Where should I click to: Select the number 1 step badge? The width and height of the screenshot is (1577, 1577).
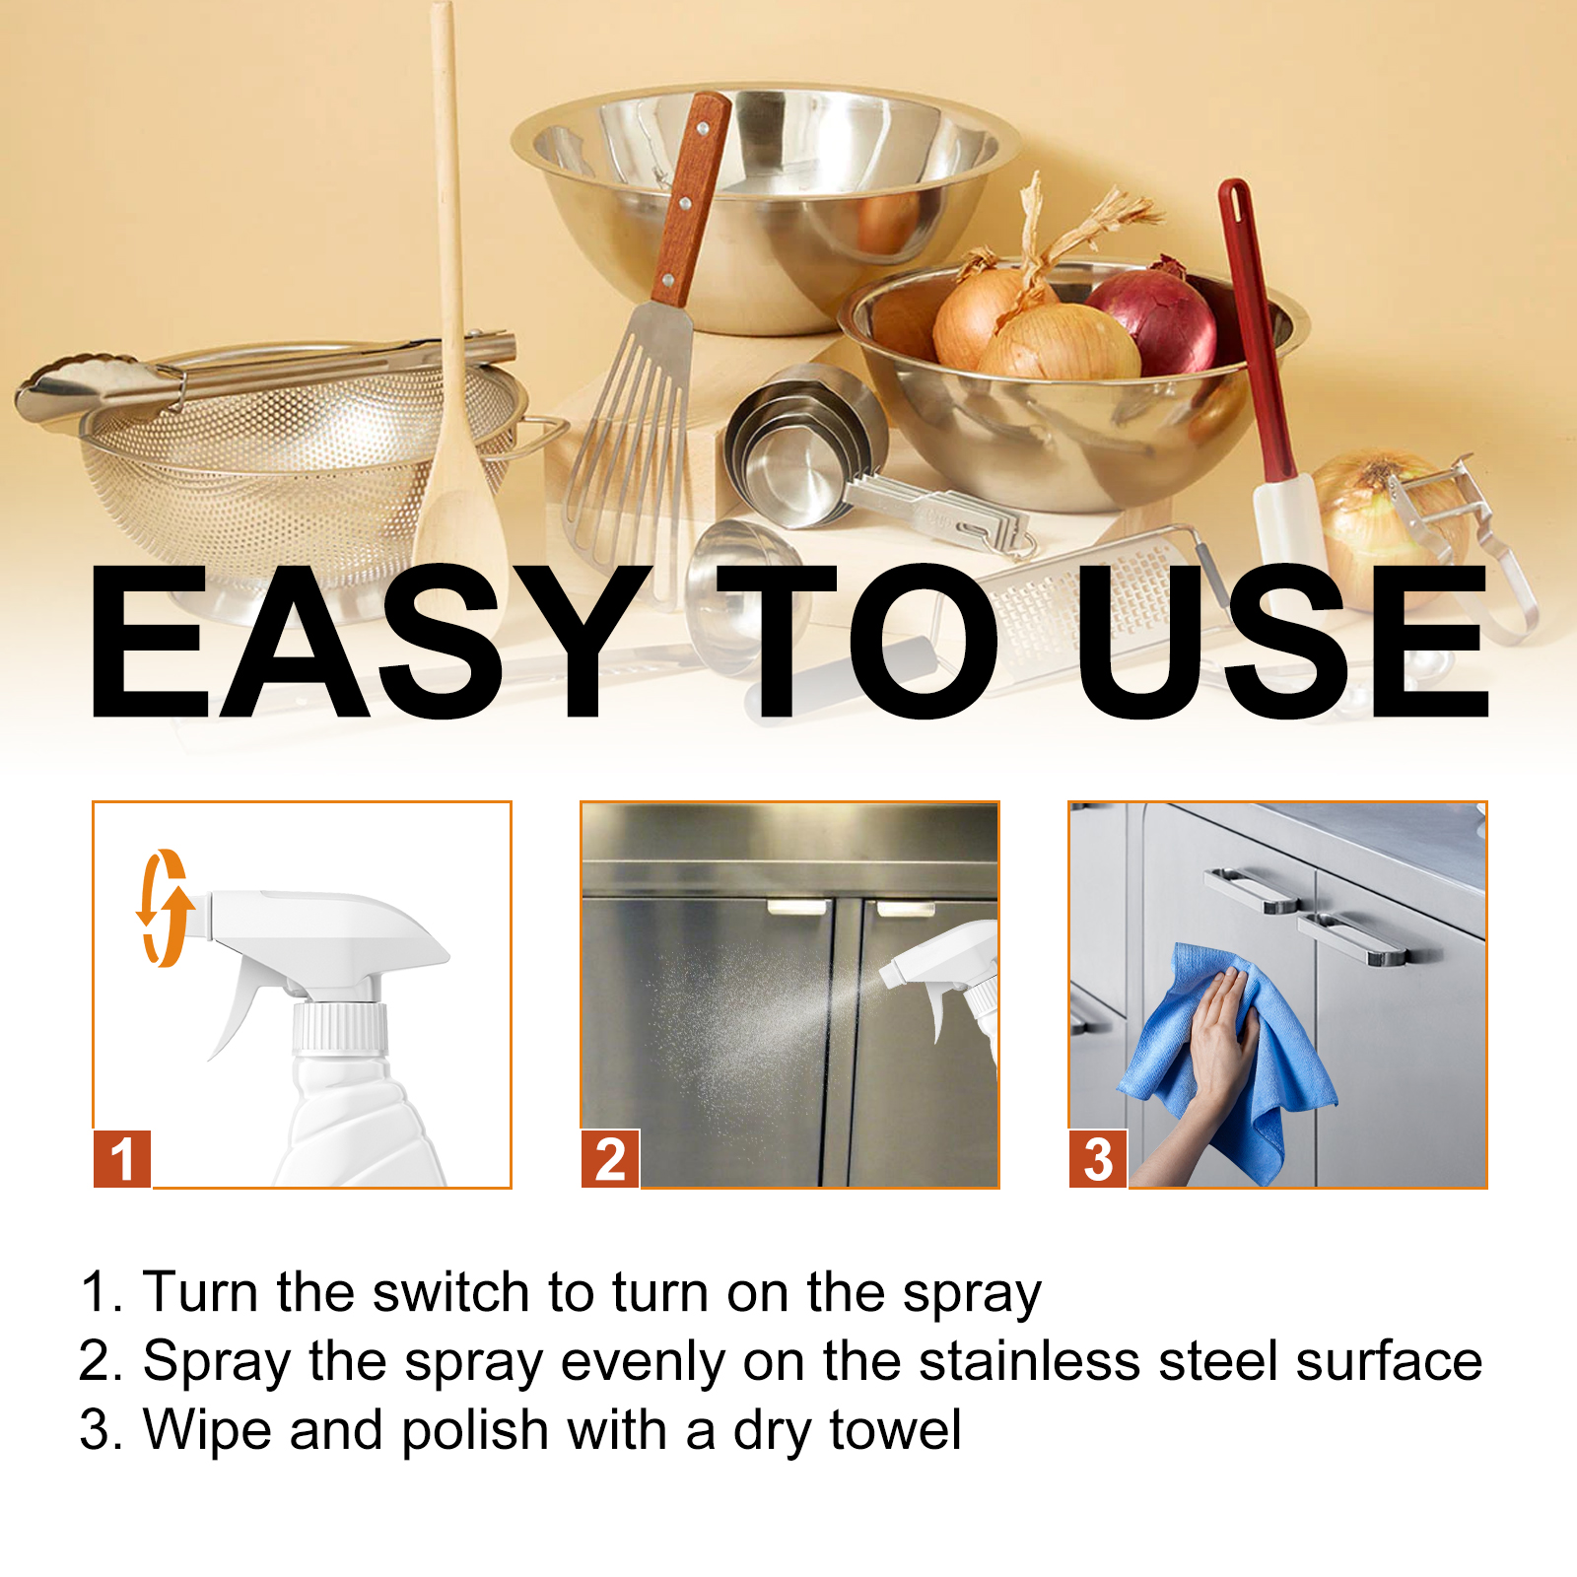click(122, 1159)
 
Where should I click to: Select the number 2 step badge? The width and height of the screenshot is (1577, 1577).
click(610, 1159)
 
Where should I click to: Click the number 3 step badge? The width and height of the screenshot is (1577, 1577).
click(1098, 1159)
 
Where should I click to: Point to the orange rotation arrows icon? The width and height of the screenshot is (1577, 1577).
click(164, 907)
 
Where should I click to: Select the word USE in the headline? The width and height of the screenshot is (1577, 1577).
click(1281, 642)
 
